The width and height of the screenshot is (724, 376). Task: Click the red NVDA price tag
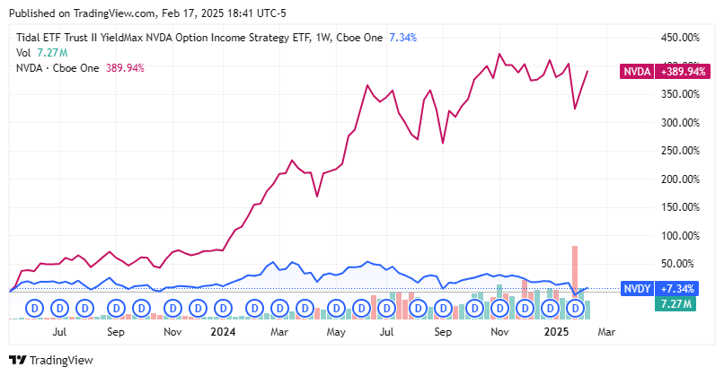coord(637,71)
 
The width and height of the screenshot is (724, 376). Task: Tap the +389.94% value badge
coord(678,71)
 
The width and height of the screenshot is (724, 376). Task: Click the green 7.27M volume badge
coord(675,305)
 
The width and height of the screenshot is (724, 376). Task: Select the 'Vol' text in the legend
coord(23,53)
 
